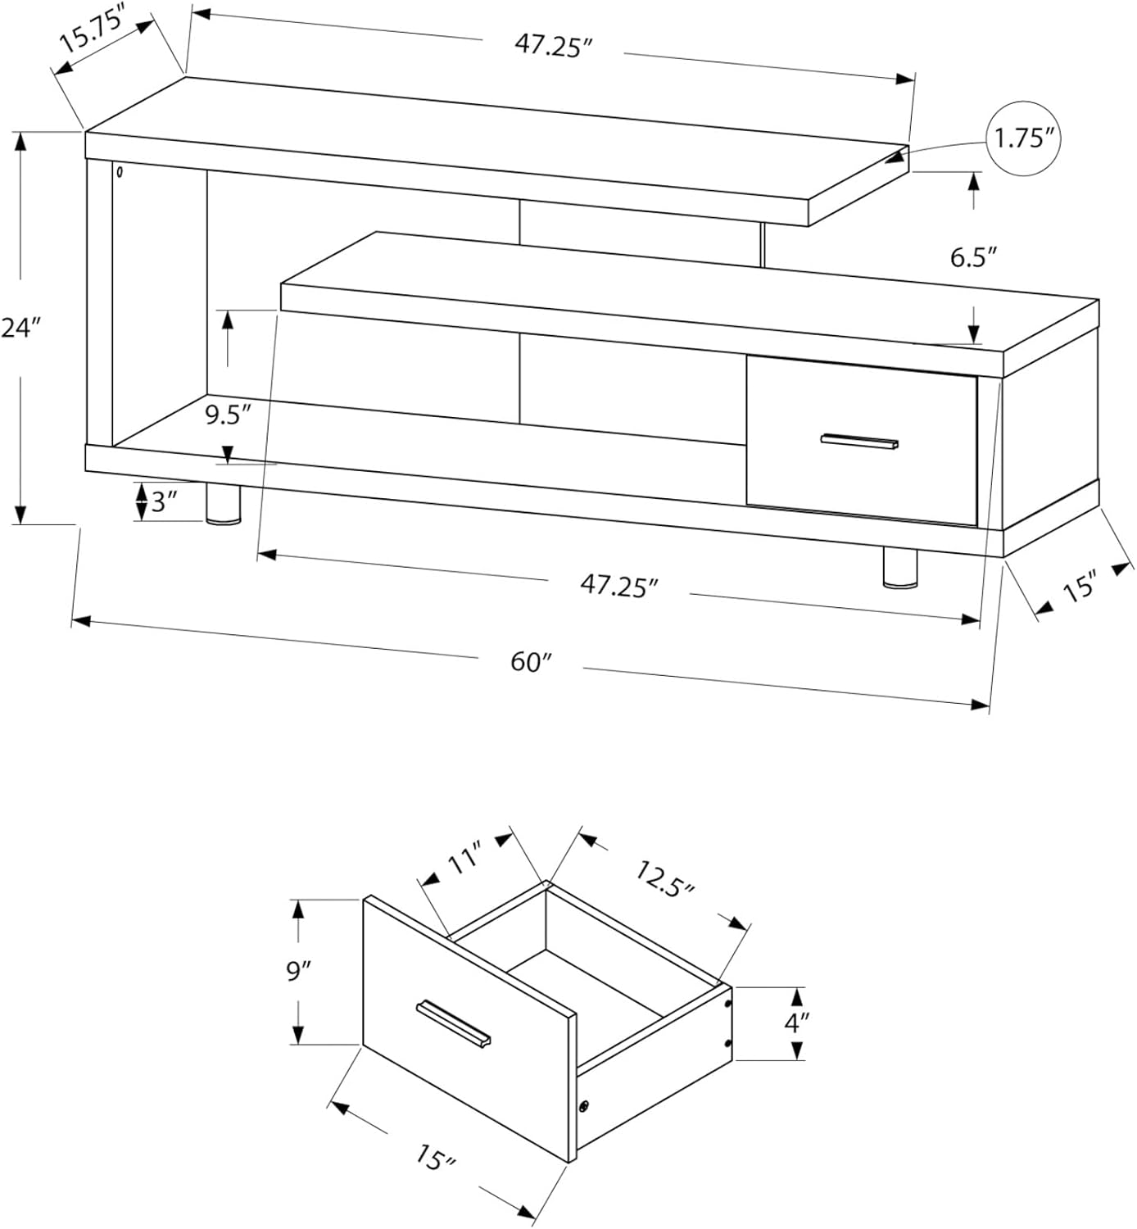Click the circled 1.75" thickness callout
[x=1024, y=138]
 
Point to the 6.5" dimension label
[x=972, y=258]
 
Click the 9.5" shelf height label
[x=227, y=415]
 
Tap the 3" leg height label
[x=164, y=501]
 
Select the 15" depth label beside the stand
[x=1080, y=587]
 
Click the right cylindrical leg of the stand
[x=900, y=568]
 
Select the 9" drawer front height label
[x=299, y=972]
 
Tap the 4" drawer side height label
[x=796, y=1023]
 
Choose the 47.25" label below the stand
[x=618, y=586]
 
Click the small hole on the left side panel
[x=120, y=173]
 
